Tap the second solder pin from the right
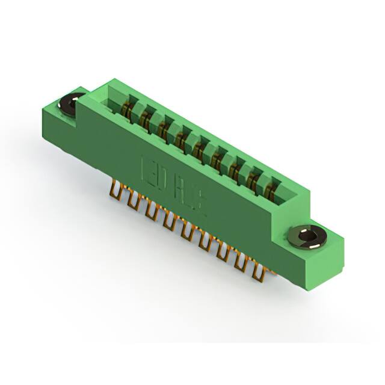pos(243,263)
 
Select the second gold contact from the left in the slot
pos(146,119)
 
